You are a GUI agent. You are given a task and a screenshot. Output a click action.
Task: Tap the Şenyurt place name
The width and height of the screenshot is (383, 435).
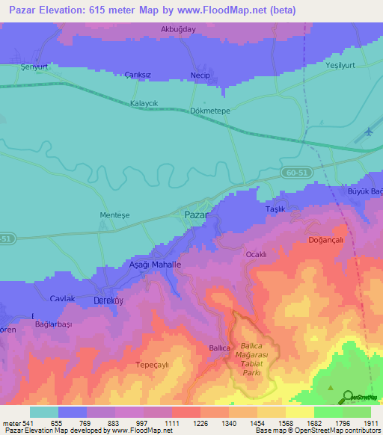coord(34,67)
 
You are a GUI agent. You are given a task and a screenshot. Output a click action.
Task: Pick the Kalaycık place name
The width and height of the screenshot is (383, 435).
coord(145,103)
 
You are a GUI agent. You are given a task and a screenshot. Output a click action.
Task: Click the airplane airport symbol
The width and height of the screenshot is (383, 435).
coord(369,132)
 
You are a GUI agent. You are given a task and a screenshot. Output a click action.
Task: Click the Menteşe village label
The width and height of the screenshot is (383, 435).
coord(114,215)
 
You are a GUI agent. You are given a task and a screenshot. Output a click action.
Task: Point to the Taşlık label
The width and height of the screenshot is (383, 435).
coord(277,210)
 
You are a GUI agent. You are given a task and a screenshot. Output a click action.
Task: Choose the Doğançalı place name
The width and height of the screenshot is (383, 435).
coord(325,240)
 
